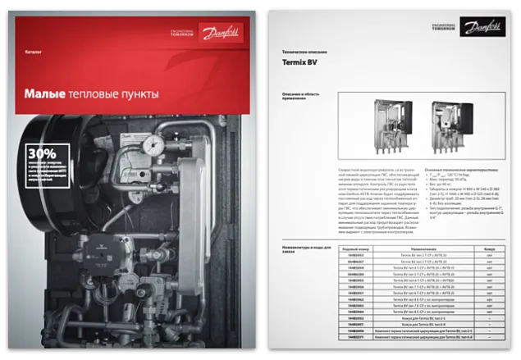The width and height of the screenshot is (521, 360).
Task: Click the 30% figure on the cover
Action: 42,153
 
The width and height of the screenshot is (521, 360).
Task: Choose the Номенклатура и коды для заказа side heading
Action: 298,248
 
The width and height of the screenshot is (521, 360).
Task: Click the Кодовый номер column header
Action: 355,247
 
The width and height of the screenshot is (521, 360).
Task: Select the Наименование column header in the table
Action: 418,247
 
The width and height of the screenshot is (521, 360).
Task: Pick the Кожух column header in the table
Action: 488,247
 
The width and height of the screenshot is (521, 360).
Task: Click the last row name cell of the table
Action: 418,336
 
